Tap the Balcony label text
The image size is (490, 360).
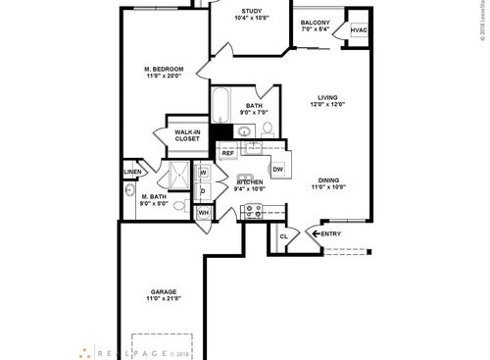pos(315,23)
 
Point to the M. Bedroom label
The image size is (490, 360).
pos(163,68)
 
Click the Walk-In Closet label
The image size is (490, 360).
pos(186,135)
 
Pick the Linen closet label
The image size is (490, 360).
pos(133,172)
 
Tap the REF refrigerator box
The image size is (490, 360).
pos(227,153)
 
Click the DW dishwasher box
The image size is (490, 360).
pos(277,170)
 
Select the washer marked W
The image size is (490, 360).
pos(204,174)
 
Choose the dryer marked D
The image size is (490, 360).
pos(204,191)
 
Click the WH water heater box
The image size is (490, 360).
pos(204,212)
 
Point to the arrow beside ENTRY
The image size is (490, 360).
pos(316,233)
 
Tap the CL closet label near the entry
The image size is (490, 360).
pos(283,236)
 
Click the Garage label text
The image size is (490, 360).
pos(164,292)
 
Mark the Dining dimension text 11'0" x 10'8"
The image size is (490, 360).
pos(328,186)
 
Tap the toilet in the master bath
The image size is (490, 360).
pos(129,192)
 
